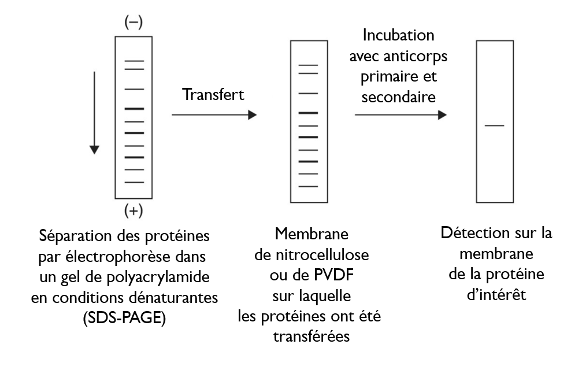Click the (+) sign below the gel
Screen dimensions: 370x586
click(x=133, y=211)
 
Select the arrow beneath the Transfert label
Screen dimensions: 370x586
click(x=213, y=115)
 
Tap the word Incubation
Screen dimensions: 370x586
click(x=398, y=36)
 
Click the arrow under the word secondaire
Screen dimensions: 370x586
click(x=400, y=115)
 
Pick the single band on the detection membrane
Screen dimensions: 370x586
click(x=495, y=125)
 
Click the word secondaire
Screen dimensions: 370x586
click(x=399, y=97)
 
